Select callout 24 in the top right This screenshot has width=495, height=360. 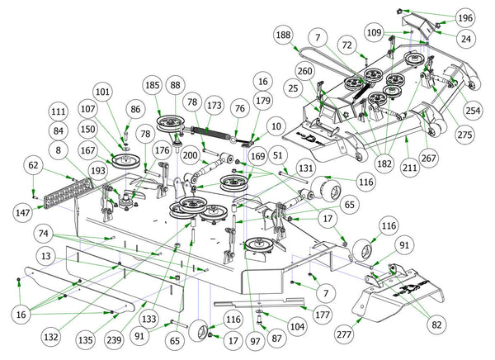467,37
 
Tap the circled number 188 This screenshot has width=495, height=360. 285,36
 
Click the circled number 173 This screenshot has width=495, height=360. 215,107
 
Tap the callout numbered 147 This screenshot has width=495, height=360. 23,213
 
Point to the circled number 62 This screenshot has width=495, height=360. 32,165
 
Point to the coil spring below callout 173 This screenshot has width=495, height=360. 215,131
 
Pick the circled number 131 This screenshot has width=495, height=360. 306,168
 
